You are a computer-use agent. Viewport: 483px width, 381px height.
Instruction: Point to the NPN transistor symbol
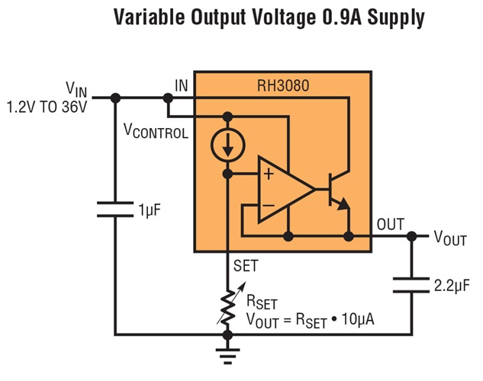click(338, 190)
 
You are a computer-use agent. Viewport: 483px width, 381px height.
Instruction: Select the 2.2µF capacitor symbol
click(412, 286)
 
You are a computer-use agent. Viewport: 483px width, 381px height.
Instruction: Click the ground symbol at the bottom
click(227, 352)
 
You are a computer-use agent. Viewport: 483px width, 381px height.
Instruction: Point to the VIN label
click(77, 91)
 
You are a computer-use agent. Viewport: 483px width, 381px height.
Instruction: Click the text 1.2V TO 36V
click(47, 107)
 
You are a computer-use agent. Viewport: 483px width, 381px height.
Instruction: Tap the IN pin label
click(182, 85)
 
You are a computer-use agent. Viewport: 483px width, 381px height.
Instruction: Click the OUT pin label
click(391, 226)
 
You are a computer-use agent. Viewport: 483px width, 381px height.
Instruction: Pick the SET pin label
click(246, 266)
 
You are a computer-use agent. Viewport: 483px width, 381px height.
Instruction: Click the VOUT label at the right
click(450, 238)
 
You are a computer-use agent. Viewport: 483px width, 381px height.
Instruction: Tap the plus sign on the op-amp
click(269, 174)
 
